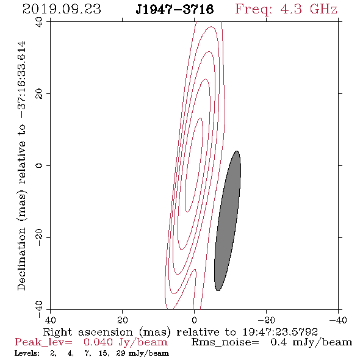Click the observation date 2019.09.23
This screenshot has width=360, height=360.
[x=62, y=9]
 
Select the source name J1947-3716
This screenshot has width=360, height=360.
[x=175, y=9]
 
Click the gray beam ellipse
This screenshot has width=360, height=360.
[x=228, y=221]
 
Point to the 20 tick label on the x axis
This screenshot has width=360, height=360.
[x=123, y=320]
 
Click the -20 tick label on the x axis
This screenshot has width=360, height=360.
[x=266, y=320]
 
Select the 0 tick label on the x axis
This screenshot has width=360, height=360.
[x=195, y=320]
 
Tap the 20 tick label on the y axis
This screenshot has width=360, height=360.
[x=39, y=94]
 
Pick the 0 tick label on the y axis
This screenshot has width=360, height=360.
[x=39, y=165]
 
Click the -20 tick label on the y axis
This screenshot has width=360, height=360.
[x=39, y=237]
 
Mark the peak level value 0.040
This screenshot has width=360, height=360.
[x=98, y=342]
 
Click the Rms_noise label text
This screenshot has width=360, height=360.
[x=225, y=342]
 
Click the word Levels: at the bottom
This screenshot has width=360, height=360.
[x=27, y=353]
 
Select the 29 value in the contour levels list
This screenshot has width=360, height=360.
[x=121, y=353]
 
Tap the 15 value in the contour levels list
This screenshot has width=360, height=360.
[x=103, y=353]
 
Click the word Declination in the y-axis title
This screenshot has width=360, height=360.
[x=21, y=259]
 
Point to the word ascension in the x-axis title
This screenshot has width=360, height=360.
[x=106, y=332]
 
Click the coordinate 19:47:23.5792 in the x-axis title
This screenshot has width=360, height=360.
[x=280, y=332]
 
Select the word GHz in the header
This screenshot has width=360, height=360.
[x=323, y=9]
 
